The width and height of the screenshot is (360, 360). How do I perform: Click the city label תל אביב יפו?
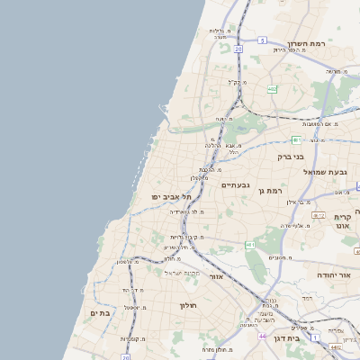click(x=168, y=195)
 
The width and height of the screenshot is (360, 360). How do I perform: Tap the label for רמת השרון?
click(x=306, y=42)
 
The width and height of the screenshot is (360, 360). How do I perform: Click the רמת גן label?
click(x=269, y=190)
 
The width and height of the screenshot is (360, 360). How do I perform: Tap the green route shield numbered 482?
click(x=272, y=89)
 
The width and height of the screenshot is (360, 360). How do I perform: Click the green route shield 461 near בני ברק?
click(x=295, y=139)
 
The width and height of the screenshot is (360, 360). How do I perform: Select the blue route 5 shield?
click(x=262, y=40)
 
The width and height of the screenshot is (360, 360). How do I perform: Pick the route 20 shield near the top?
click(x=238, y=49)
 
